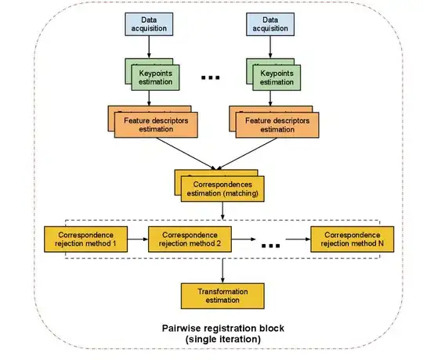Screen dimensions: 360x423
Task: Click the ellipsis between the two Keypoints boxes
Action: (x=211, y=77)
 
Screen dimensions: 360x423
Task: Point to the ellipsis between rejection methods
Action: (x=270, y=244)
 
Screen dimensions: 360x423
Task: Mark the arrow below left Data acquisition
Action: (x=149, y=49)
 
